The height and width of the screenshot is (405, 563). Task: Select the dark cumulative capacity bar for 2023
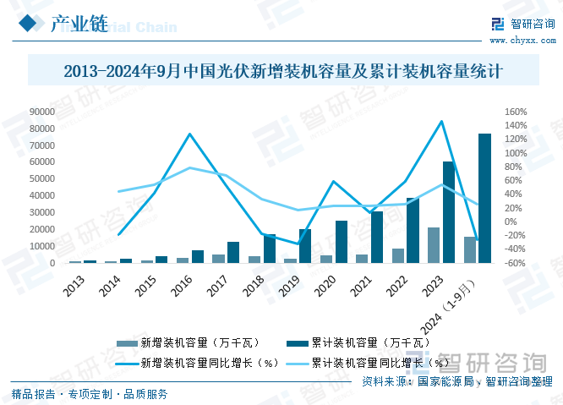[448, 212]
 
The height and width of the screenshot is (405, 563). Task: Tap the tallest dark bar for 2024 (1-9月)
[484, 198]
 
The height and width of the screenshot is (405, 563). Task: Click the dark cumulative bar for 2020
[341, 242]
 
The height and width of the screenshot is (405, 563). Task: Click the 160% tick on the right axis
[516, 112]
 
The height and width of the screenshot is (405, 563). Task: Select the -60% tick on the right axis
[516, 263]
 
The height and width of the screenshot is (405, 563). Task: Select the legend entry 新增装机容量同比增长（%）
[208, 363]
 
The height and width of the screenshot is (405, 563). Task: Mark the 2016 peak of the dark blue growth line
[190, 134]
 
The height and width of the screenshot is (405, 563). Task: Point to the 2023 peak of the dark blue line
[441, 121]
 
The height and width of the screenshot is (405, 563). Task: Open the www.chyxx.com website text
[522, 40]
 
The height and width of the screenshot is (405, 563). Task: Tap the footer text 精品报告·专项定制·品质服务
[90, 393]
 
